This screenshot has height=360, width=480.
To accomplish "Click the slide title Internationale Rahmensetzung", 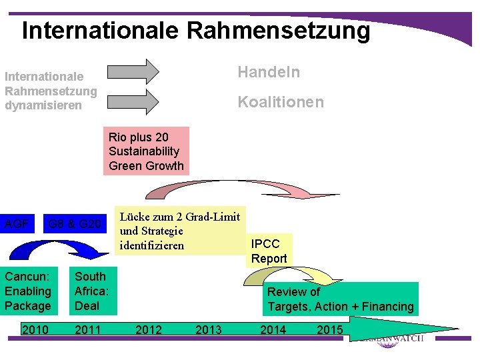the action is click(195, 30).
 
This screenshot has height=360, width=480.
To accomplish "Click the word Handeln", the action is click(269, 72).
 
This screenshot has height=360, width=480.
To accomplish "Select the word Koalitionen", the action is click(281, 102).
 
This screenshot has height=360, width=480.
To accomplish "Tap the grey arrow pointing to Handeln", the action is click(133, 71).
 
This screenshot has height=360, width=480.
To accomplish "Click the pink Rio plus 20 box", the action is click(146, 151).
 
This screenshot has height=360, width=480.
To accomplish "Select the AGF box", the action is click(17, 223).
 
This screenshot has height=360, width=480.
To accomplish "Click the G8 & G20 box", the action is click(75, 223).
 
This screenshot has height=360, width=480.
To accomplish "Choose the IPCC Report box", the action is click(269, 251).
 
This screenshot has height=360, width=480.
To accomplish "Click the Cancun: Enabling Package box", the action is click(28, 291).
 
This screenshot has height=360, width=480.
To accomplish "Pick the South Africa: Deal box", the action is click(93, 291).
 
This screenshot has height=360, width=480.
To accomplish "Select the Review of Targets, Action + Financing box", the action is click(340, 299).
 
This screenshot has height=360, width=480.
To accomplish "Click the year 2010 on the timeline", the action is click(35, 329).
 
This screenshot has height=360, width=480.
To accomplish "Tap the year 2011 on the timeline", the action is click(88, 329).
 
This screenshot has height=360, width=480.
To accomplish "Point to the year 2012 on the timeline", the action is click(148, 329).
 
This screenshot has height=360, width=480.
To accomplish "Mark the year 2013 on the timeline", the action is click(209, 329).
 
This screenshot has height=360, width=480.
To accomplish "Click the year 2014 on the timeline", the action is click(273, 329).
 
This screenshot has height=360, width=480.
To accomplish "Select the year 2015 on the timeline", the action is click(329, 329).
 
